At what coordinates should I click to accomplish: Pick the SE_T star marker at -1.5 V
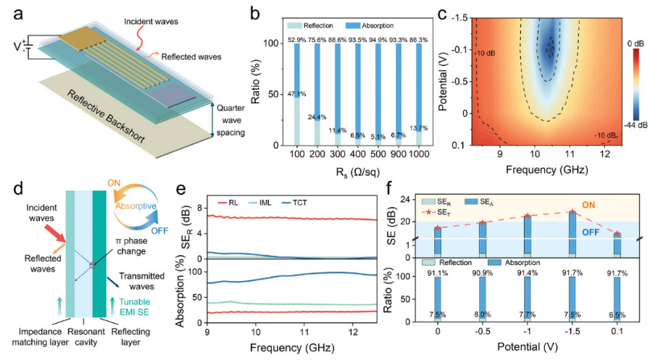click(x=572, y=212)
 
